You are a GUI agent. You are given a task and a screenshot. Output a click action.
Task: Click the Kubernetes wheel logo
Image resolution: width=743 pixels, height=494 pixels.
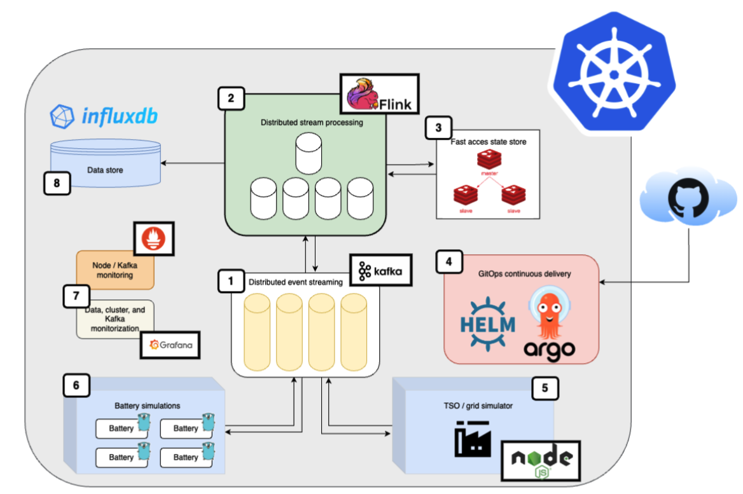coord(613,72)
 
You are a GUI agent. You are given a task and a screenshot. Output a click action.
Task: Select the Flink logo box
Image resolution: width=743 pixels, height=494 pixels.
coord(379,93)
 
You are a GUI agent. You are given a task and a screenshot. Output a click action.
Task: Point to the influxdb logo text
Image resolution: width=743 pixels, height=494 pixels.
coord(104,116)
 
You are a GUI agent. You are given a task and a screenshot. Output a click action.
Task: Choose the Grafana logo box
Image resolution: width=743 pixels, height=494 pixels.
coord(170,346)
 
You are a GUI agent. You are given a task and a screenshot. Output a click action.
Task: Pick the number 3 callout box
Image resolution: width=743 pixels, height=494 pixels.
coord(438,127)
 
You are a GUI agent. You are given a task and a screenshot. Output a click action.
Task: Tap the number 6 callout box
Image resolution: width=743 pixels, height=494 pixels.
coord(76,385)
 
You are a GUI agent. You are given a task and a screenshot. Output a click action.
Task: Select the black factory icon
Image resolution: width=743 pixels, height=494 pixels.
coord(473,439)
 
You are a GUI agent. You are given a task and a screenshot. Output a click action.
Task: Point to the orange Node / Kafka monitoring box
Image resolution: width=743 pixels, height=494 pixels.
coord(115,270)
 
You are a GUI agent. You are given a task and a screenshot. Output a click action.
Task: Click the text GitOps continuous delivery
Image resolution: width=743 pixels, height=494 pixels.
coord(524,274)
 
